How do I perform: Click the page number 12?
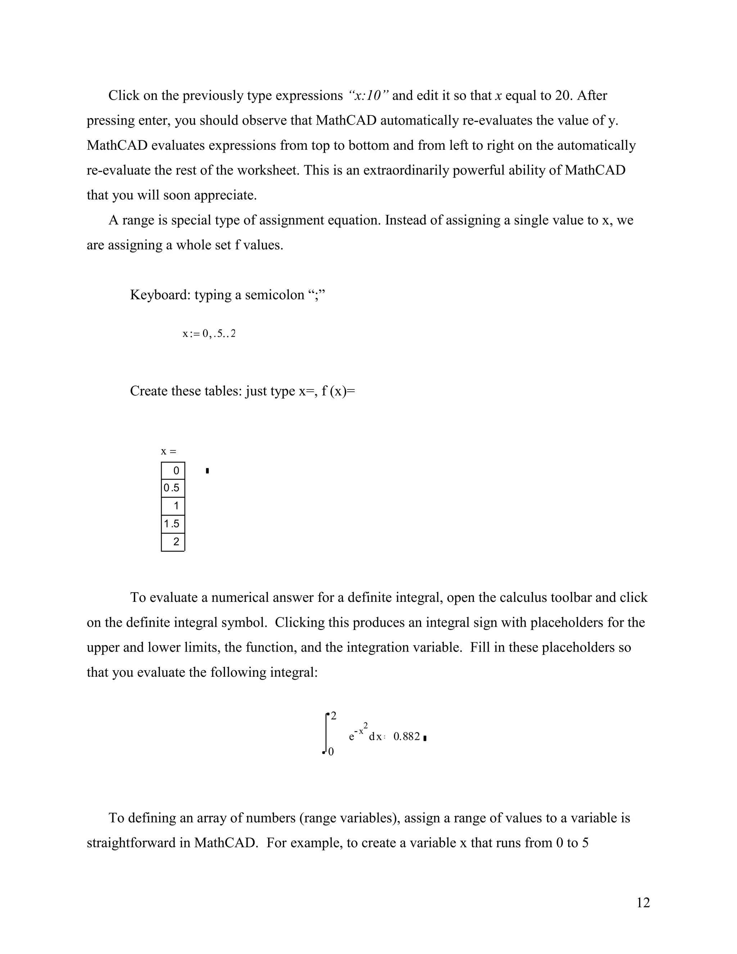click(643, 903)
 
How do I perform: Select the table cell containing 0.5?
click(172, 488)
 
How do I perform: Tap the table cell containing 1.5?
click(172, 524)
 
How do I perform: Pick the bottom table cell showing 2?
click(173, 542)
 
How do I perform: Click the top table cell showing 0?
click(173, 471)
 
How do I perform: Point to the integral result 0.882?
click(407, 737)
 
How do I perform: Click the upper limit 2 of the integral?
click(334, 716)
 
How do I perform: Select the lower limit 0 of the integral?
click(331, 752)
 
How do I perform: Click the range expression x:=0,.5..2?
click(209, 334)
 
